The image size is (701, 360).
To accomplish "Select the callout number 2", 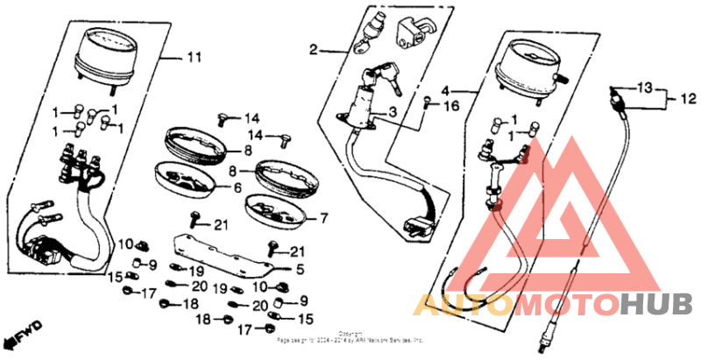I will click(x=312, y=51).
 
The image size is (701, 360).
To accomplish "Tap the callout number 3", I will click(x=393, y=112).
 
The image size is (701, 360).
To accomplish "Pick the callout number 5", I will click(x=299, y=269).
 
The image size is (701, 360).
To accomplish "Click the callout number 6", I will click(x=237, y=187).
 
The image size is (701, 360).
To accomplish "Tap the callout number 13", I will click(x=645, y=88).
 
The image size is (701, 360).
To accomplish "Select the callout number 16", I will click(x=451, y=107).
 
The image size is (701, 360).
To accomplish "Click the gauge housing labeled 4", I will click(x=528, y=67).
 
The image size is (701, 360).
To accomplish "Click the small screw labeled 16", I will click(x=427, y=102).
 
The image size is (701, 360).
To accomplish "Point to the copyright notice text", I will click(x=350, y=337).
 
